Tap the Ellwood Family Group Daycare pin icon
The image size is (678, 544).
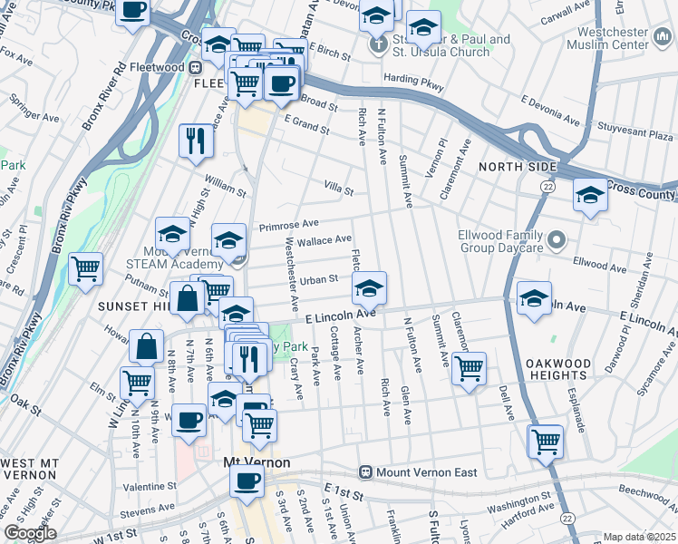tap(557, 240)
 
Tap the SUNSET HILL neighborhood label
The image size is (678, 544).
tap(131, 306)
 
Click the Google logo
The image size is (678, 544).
tap(31, 533)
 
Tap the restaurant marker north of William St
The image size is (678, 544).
tap(196, 141)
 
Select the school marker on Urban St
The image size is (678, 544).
tap(368, 288)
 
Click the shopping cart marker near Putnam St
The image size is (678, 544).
tap(86, 268)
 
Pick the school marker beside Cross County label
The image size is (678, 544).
tap(590, 195)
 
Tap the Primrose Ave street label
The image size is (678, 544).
tap(288, 223)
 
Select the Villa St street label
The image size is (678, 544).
tap(338, 187)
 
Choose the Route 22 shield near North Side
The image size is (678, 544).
tap(547, 186)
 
